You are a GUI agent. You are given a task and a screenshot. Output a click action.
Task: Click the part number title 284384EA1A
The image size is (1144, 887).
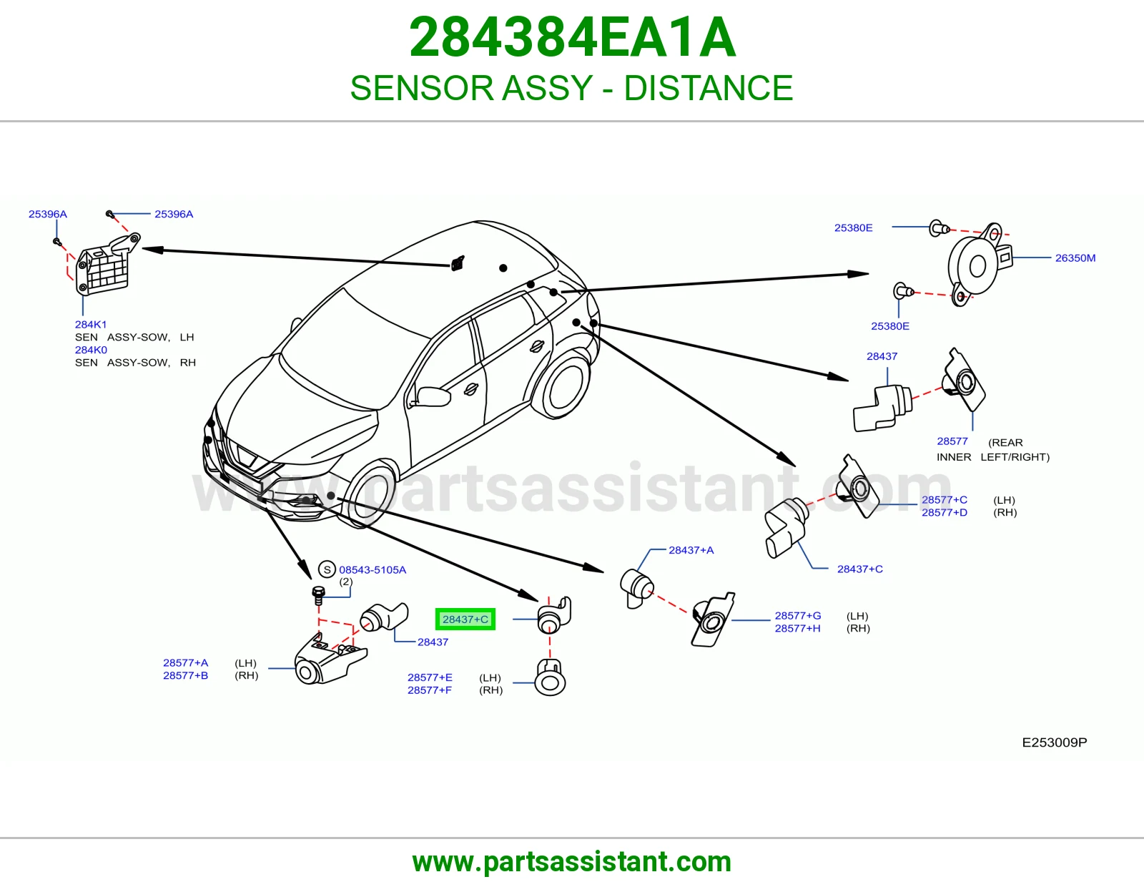[572, 37]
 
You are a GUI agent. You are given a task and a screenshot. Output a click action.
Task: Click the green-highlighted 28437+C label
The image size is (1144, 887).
[465, 619]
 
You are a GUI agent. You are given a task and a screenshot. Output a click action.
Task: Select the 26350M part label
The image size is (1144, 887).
[1075, 258]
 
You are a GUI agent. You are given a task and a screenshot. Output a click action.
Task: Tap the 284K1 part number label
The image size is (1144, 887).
[91, 325]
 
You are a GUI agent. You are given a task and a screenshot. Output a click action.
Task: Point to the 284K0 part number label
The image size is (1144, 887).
[91, 350]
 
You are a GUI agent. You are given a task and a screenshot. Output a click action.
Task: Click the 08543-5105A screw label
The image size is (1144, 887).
[373, 570]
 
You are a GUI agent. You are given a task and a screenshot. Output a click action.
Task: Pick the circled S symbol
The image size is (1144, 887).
[327, 569]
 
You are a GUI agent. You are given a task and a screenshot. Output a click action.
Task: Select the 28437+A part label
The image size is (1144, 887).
[691, 550]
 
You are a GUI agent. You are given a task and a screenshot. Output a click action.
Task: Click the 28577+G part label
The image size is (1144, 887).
[798, 615]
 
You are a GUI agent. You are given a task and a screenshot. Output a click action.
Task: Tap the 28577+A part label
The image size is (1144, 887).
[185, 662]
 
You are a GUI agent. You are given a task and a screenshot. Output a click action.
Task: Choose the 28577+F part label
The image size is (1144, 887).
[429, 690]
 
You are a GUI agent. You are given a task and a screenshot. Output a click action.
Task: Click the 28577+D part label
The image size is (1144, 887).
[944, 512]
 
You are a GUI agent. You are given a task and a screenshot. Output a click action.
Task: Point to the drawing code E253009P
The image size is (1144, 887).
[1054, 743]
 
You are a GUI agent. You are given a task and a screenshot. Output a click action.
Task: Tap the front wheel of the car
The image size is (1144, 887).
[368, 493]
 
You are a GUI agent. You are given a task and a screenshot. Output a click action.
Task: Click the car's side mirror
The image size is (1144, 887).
[432, 396]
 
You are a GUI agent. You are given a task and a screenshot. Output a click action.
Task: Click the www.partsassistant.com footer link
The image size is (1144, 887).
[572, 862]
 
